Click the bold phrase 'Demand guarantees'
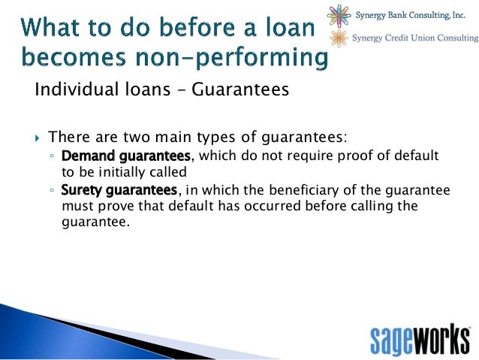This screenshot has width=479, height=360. [x=125, y=155]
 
